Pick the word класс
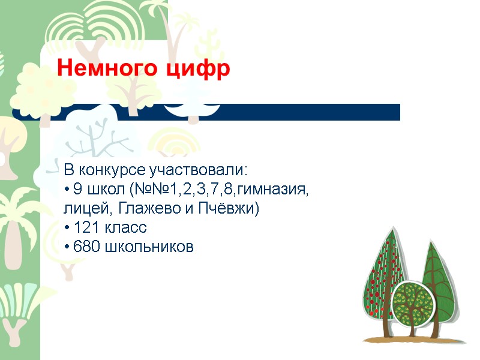click(125, 228)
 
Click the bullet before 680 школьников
click(66, 247)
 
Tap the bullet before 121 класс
click(66, 229)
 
